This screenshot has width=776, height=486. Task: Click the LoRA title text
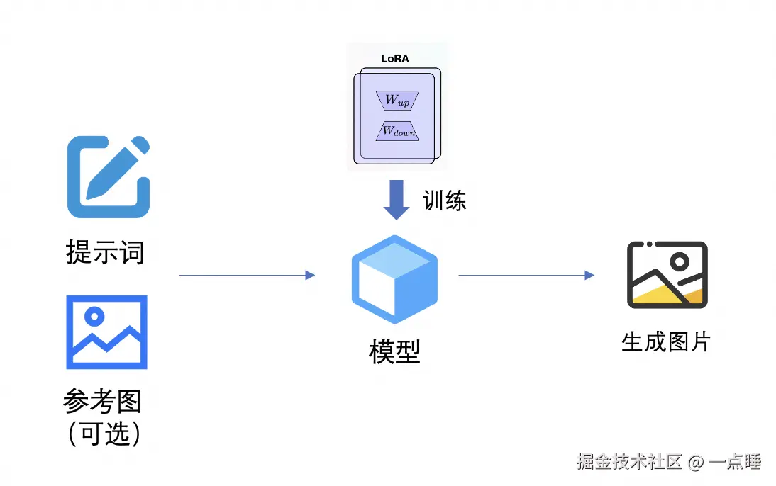(394, 59)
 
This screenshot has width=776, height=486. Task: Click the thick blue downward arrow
(397, 199)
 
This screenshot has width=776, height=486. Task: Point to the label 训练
(445, 200)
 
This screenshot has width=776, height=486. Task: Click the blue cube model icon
(394, 279)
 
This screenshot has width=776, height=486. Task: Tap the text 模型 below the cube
(394, 351)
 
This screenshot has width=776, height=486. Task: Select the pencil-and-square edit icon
(108, 177)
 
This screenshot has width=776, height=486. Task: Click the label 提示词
(105, 252)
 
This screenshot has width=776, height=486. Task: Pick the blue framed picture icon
(106, 332)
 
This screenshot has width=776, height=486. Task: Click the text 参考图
(102, 402)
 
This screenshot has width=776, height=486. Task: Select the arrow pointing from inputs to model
(246, 275)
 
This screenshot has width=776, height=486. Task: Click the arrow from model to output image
(526, 275)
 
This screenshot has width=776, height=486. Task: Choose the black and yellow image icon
(667, 275)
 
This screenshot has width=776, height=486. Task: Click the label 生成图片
(665, 342)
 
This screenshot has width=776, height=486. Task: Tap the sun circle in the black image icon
(680, 262)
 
